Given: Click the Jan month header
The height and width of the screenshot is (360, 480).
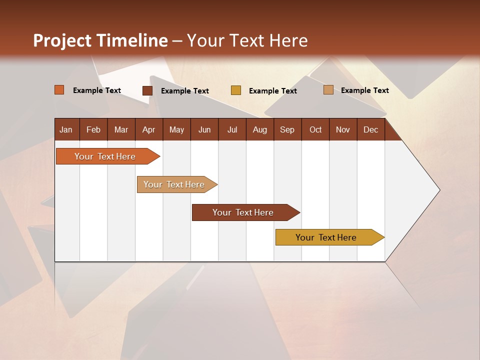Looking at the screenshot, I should click(66, 129).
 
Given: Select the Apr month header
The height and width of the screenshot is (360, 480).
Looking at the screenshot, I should click(148, 129).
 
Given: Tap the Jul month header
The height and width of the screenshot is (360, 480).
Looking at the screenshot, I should click(232, 129).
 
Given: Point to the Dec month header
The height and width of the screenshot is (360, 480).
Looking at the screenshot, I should click(370, 129).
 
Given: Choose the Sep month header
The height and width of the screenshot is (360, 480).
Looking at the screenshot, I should click(287, 129).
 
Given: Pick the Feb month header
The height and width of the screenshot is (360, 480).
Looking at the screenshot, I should click(93, 129).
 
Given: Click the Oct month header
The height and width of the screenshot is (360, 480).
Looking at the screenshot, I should click(315, 129).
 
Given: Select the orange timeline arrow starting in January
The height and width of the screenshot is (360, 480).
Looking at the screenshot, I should click(105, 156).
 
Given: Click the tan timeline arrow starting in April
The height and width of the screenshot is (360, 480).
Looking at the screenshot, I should click(174, 184).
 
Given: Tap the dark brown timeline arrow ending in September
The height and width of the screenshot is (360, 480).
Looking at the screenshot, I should click(243, 212).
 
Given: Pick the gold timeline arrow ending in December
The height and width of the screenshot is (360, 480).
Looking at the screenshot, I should click(326, 237).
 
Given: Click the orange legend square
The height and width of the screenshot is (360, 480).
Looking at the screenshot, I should click(59, 90).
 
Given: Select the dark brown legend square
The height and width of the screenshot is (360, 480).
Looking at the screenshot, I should click(147, 90).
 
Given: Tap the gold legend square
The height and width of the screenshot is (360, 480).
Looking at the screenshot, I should click(236, 90).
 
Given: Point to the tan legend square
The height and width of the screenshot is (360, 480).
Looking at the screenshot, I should click(328, 90).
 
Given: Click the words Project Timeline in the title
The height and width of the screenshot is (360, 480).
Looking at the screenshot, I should click(100, 40).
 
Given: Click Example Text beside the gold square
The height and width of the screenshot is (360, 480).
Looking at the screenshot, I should click(273, 91).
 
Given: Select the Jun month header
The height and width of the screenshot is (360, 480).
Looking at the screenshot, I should click(204, 129).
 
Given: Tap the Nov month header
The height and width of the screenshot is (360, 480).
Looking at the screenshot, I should click(343, 129).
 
